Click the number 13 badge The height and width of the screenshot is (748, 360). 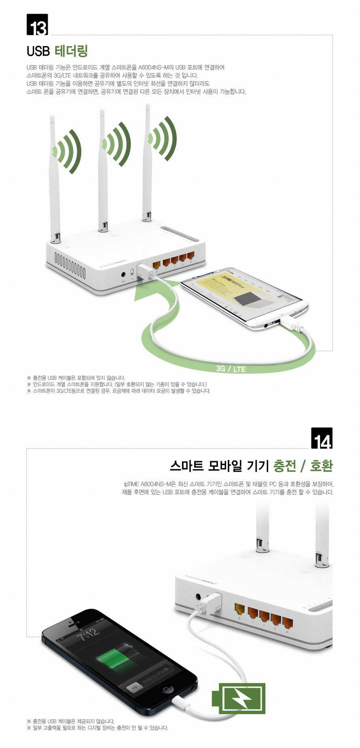coord(37,25)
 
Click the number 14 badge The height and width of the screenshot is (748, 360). coord(322,438)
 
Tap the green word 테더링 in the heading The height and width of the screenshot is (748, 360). coord(71,51)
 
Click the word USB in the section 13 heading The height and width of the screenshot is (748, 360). coord(38,51)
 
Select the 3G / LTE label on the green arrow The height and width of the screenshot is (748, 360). coord(231,369)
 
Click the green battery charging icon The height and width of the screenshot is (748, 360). coord(239,698)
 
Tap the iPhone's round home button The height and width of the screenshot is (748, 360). coord(166,689)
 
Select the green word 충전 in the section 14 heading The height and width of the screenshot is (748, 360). coord(285,466)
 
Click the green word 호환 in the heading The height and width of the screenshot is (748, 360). coord(321,466)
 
